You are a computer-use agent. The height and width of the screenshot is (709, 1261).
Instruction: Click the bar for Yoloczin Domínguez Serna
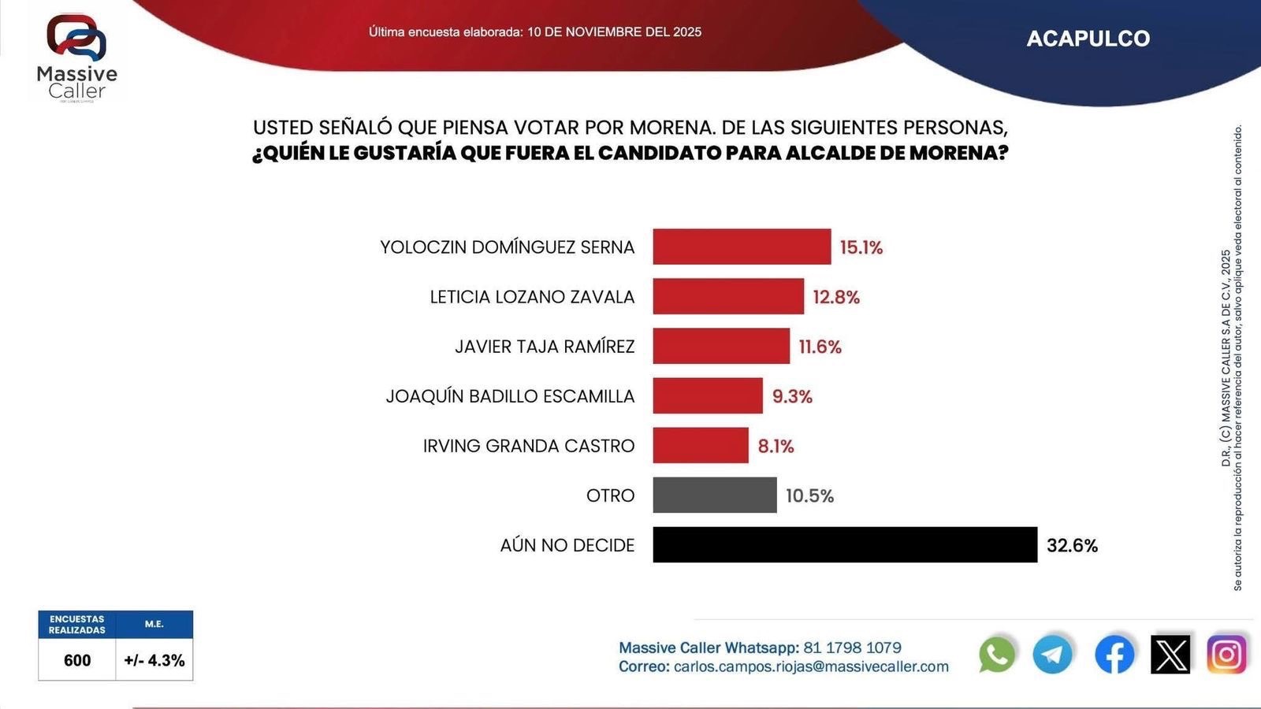pyautogui.click(x=742, y=247)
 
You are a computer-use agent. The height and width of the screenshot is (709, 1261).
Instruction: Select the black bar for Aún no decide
pyautogui.click(x=845, y=544)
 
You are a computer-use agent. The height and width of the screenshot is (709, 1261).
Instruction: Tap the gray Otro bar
pyautogui.click(x=715, y=495)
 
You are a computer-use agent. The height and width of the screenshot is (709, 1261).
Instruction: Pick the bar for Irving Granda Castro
pyautogui.click(x=701, y=445)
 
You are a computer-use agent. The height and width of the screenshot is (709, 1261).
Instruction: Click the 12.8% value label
pyautogui.click(x=836, y=297)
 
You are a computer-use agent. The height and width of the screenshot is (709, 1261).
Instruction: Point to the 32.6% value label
pyautogui.click(x=1072, y=545)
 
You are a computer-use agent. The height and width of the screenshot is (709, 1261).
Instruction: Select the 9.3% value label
pyautogui.click(x=792, y=396)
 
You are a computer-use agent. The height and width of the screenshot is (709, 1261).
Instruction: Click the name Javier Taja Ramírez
pyautogui.click(x=545, y=347)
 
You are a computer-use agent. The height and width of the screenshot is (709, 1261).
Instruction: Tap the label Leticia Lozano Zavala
pyautogui.click(x=532, y=297)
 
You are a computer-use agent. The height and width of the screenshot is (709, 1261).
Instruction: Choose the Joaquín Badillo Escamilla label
pyautogui.click(x=510, y=396)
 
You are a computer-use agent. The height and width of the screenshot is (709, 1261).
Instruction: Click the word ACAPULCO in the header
pyautogui.click(x=1088, y=39)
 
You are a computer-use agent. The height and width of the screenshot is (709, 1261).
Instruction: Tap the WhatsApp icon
pyautogui.click(x=997, y=654)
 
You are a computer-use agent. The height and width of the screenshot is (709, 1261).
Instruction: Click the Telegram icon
pyautogui.click(x=1053, y=654)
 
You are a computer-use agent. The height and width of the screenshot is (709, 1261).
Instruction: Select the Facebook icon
pyautogui.click(x=1114, y=654)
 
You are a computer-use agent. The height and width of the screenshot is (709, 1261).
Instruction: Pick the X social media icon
pyautogui.click(x=1170, y=654)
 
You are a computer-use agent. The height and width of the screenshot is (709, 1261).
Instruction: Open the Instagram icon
pyautogui.click(x=1226, y=654)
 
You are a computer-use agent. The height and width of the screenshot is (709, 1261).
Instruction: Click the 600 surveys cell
pyautogui.click(x=77, y=660)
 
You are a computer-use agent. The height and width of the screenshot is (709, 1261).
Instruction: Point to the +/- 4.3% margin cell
pyautogui.click(x=154, y=660)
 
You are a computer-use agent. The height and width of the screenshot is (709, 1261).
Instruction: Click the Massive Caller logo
pyautogui.click(x=76, y=57)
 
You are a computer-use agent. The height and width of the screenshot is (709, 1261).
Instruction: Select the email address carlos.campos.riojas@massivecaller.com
pyautogui.click(x=811, y=666)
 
